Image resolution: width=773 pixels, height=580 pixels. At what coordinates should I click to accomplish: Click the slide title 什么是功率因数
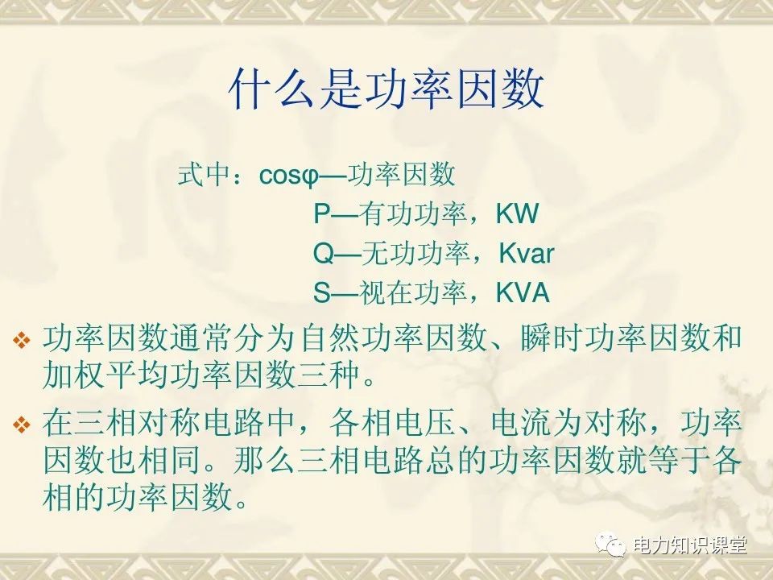[x=386, y=89]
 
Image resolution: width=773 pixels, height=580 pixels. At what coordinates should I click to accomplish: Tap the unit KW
[x=517, y=214]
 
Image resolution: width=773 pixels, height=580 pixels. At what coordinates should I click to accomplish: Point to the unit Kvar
[x=527, y=254]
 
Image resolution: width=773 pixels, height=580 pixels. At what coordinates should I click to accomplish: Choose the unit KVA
[x=523, y=293]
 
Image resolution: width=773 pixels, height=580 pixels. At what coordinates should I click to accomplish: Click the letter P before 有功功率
[x=321, y=214]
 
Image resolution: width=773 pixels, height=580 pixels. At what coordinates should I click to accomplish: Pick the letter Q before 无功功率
[x=324, y=254]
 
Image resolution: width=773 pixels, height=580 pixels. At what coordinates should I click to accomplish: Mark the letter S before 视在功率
[x=321, y=293]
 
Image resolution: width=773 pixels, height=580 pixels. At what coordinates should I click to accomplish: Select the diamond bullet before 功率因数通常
[x=21, y=340]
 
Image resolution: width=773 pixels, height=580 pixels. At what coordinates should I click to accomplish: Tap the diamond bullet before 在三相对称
[x=21, y=425]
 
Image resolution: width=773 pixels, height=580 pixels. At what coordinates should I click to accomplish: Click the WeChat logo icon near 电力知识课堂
[x=611, y=545]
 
